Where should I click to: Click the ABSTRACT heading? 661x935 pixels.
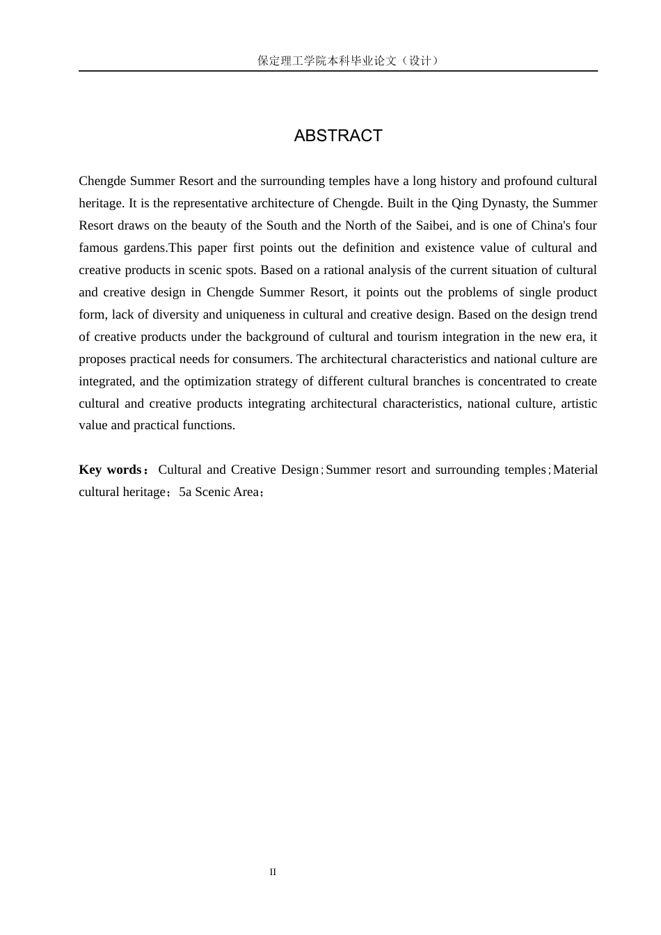338,136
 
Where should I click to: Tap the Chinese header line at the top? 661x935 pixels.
348,61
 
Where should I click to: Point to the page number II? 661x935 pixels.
273,872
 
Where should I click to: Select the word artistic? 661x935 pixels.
578,403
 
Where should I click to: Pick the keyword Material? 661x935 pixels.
575,470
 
